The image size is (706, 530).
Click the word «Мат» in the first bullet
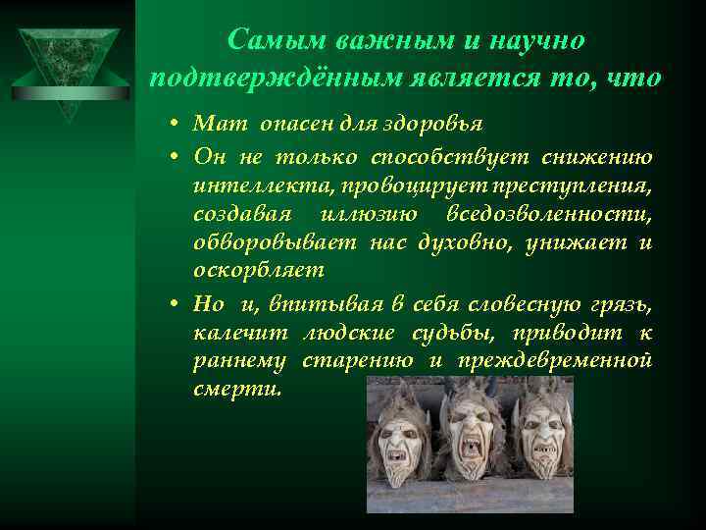click(x=214, y=125)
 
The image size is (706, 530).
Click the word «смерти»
click(x=236, y=389)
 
